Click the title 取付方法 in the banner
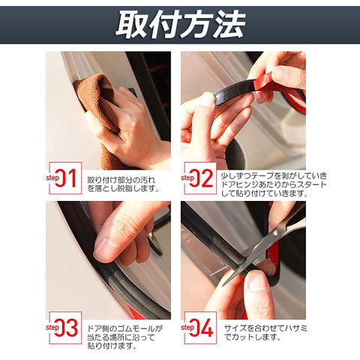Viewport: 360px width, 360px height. click(x=181, y=25)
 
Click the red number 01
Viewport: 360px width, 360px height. click(x=65, y=178)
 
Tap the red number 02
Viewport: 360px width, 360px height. click(x=201, y=178)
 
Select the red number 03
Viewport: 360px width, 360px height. click(x=66, y=328)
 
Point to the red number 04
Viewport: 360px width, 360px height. click(x=201, y=328)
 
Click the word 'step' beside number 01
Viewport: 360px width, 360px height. click(x=52, y=178)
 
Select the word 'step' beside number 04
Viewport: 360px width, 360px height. click(x=187, y=328)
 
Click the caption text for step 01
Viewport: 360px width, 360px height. click(x=123, y=184)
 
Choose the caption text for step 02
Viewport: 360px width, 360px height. click(x=274, y=184)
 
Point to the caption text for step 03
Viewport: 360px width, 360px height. click(x=124, y=337)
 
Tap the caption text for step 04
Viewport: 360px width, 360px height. click(x=265, y=332)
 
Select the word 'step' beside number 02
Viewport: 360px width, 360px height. click(x=187, y=178)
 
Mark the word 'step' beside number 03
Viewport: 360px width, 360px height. click(x=52, y=328)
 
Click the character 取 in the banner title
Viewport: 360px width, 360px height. click(x=131, y=25)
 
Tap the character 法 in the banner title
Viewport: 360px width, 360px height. click(x=229, y=25)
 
